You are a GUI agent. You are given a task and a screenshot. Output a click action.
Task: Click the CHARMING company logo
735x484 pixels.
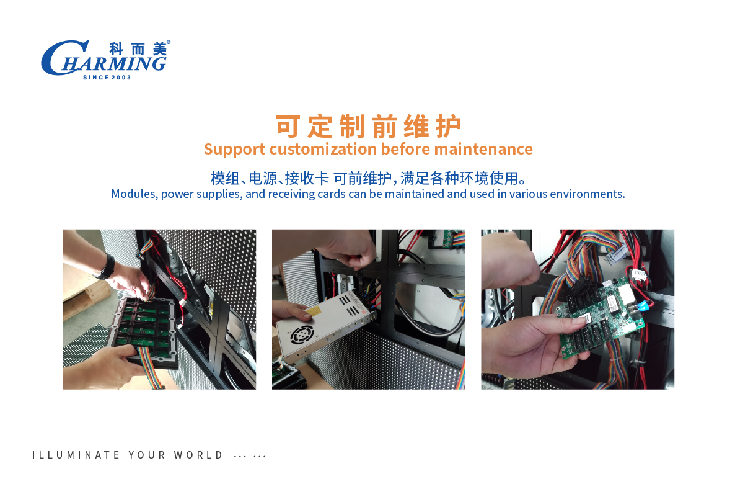click(x=106, y=60)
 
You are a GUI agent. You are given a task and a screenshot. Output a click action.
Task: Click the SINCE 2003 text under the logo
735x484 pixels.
click(x=107, y=78)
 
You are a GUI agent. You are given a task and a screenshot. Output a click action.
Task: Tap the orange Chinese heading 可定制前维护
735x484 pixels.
click(x=368, y=127)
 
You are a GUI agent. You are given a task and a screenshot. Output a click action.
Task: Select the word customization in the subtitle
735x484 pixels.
click(x=323, y=149)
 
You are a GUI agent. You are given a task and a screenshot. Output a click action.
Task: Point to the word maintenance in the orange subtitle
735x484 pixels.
click(x=483, y=149)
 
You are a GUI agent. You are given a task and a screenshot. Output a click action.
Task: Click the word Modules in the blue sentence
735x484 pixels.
click(x=134, y=194)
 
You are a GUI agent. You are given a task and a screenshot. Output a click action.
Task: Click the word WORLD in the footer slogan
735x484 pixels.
click(x=198, y=455)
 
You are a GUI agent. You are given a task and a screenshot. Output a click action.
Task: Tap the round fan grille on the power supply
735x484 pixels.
click(x=301, y=334)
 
